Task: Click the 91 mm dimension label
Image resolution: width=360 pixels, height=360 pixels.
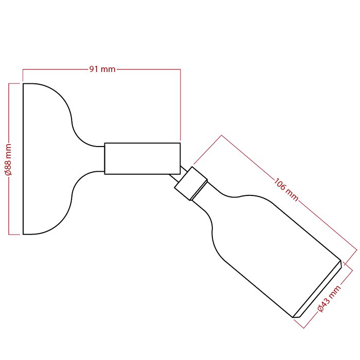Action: [x=102, y=69]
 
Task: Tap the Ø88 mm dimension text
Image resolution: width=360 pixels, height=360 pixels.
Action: [x=9, y=160]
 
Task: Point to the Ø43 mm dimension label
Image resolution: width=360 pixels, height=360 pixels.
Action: [x=329, y=299]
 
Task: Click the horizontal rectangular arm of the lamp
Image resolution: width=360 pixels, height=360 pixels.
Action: [x=142, y=158]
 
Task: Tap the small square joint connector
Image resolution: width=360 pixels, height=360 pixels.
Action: [x=191, y=183]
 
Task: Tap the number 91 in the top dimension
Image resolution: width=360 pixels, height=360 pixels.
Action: [x=94, y=69]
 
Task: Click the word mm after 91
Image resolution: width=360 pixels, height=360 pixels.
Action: [x=108, y=69]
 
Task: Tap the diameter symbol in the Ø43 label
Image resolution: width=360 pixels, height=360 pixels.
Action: [x=320, y=309]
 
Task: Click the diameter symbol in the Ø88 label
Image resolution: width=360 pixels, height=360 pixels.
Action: [x=9, y=173]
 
